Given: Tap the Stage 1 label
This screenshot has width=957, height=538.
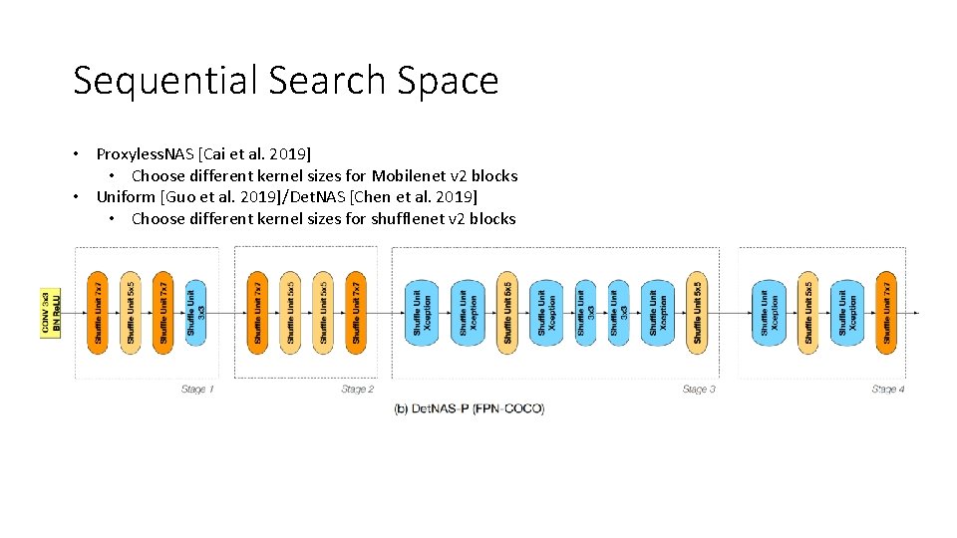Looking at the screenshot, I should [196, 389].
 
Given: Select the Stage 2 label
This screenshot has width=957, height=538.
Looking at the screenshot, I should [357, 389].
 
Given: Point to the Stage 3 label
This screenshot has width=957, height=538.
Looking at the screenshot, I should [699, 389].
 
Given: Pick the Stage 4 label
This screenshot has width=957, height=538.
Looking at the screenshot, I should [887, 389].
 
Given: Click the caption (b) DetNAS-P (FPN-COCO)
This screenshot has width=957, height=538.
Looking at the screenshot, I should [470, 408].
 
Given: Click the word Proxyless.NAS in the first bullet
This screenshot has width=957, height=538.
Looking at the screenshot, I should [146, 153].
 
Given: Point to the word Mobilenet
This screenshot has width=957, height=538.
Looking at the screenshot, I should [409, 175].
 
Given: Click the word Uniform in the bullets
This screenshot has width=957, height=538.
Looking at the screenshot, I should [126, 196].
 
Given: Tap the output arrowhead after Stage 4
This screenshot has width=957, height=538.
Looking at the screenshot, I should [915, 312].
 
